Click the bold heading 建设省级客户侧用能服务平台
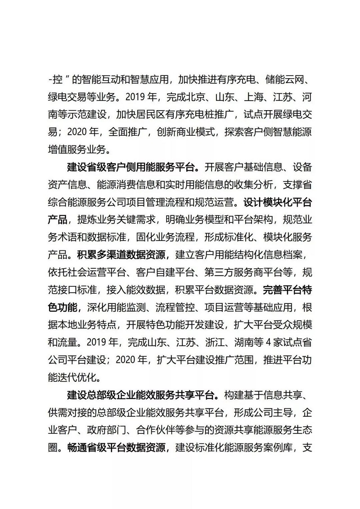(131, 168)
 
